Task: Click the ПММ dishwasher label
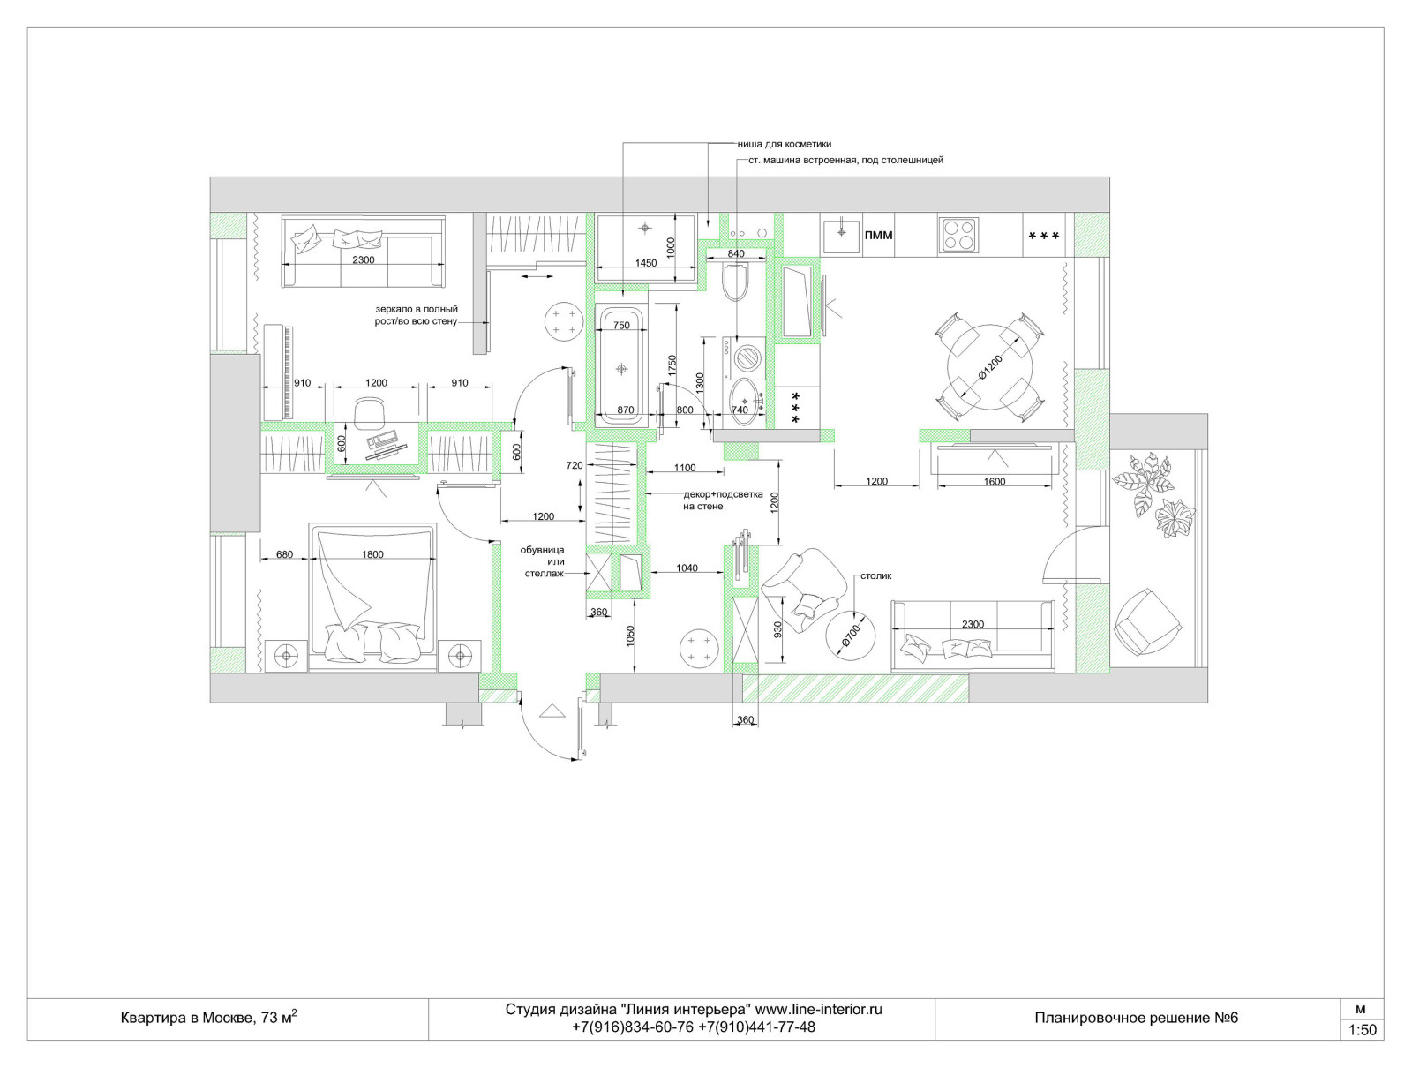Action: (878, 236)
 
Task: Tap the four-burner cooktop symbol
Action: (958, 236)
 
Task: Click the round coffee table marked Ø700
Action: (851, 635)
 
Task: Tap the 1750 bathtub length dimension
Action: (672, 366)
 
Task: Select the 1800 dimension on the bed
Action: (372, 554)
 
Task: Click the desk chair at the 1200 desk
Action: (369, 412)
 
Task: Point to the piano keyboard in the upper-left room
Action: (279, 372)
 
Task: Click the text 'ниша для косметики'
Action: (785, 144)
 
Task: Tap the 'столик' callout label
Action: (876, 575)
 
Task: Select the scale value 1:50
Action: (1362, 1030)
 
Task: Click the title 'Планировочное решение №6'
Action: (1136, 1018)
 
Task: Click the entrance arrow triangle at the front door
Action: (552, 711)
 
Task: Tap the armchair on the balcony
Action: (1147, 622)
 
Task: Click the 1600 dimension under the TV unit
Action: (994, 481)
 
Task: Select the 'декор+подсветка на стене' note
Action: (723, 500)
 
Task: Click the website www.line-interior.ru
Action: (818, 1009)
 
